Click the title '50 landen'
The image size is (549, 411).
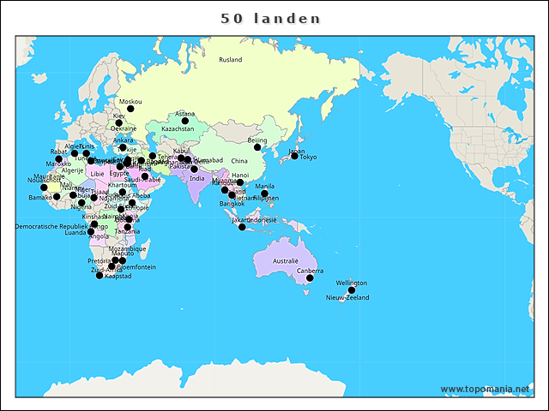coord(270,18)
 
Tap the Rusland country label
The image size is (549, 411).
coord(230,60)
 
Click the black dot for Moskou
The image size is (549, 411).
coord(130,109)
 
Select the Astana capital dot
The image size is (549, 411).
coord(184,121)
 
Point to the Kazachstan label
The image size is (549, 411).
coord(178,129)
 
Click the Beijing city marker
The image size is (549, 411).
coord(257,147)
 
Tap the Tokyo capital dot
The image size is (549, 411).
coord(294,156)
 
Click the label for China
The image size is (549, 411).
coord(239,161)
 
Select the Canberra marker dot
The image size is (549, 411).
coord(310,278)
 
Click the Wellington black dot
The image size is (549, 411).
coord(351,290)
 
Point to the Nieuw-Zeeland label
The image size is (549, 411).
coord(347,298)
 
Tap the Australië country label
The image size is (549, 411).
coord(285,260)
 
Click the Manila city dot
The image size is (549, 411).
coord(264,194)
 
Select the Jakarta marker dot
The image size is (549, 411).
coord(242,227)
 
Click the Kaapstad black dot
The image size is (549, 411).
coord(100,276)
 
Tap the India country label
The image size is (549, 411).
coord(196,179)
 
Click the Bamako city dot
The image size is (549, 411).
coord(57,197)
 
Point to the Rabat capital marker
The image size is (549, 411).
coord(58,159)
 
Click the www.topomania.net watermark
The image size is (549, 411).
coord(485,389)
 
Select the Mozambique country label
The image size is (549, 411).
coord(129,248)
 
